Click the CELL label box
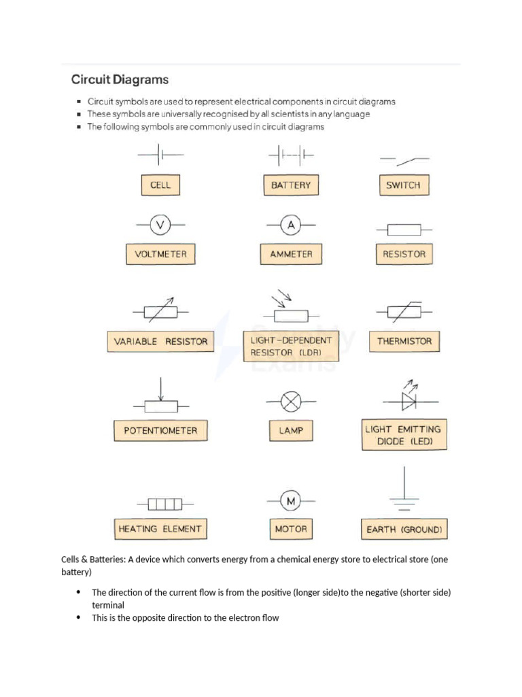[x=160, y=185]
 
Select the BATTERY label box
[x=291, y=185]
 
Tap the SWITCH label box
[x=403, y=185]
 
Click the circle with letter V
[x=160, y=224]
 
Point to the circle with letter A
[x=291, y=224]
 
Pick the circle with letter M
[x=291, y=502]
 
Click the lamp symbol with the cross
[x=291, y=402]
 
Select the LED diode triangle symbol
[x=408, y=402]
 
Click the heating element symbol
[x=164, y=504]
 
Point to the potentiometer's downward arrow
[x=161, y=389]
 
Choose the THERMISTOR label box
[x=404, y=341]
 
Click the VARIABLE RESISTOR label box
[x=160, y=341]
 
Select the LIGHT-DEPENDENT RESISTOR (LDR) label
[x=291, y=346]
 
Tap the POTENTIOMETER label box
[x=160, y=430]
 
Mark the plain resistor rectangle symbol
[x=404, y=230]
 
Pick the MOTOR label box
[x=291, y=529]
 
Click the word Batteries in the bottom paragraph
[x=105, y=560]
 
